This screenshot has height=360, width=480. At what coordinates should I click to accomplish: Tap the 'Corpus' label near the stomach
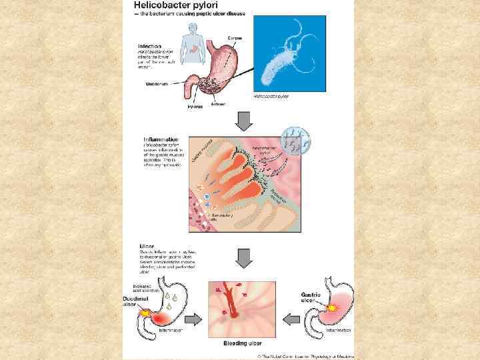click(x=235, y=37)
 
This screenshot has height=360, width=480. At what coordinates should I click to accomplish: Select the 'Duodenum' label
click(x=156, y=83)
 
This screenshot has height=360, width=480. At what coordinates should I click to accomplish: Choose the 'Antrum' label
click(x=218, y=103)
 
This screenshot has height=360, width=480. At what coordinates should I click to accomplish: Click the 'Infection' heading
click(x=149, y=46)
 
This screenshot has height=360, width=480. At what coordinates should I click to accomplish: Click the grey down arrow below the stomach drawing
click(x=244, y=122)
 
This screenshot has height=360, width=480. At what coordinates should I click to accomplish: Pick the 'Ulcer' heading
click(x=146, y=246)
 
